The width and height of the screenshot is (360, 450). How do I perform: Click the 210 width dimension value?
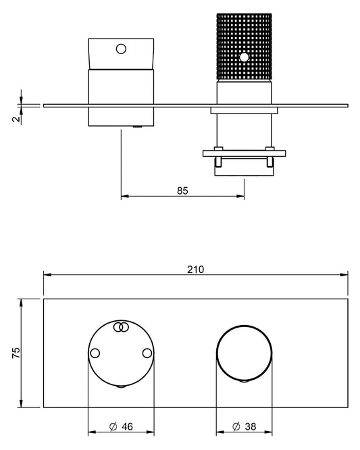pyautogui.click(x=195, y=270)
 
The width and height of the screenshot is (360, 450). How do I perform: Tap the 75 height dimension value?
pyautogui.click(x=16, y=353)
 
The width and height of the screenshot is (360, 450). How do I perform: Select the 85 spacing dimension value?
pyautogui.click(x=182, y=191)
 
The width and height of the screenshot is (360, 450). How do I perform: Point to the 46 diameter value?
pyautogui.click(x=128, y=426)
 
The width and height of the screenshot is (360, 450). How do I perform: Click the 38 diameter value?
pyautogui.click(x=251, y=426)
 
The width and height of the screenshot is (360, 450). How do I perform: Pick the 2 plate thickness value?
pyautogui.click(x=17, y=118)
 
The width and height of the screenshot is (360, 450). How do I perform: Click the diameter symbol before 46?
pyautogui.click(x=113, y=426)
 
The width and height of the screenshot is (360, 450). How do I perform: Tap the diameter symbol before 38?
pyautogui.click(x=236, y=426)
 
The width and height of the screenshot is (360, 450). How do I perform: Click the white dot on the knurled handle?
pyautogui.click(x=244, y=57)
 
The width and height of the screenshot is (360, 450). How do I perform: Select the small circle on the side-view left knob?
pyautogui.click(x=121, y=49)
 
